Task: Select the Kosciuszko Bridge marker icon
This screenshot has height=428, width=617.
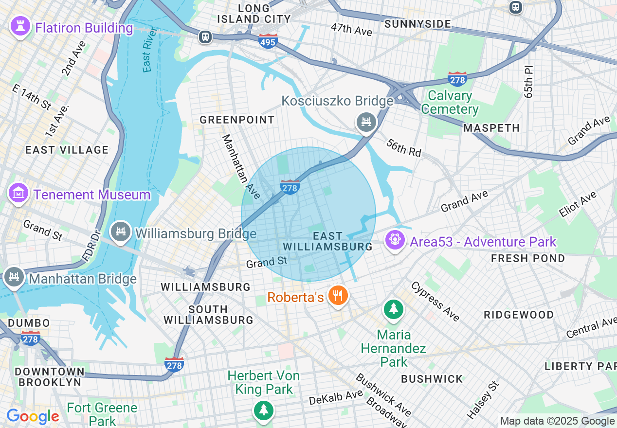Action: coord(366,122)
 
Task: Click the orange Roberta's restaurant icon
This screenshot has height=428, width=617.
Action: coord(337,296)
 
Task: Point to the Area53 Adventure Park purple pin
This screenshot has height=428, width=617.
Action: coord(394,240)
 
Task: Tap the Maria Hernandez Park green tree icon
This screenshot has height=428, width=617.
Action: coord(393,309)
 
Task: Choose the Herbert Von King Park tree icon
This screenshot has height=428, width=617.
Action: coord(263,410)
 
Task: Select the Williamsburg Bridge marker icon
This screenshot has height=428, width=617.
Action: coord(120,232)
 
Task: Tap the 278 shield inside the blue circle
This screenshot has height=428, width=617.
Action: coord(290,187)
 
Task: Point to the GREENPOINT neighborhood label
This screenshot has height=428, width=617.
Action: coord(237,120)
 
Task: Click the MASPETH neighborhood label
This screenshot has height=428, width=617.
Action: coord(491,128)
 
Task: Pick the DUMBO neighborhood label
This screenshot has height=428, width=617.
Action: coord(29,323)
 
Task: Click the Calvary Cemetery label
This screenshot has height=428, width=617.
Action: coord(450,102)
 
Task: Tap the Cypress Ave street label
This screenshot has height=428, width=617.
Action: coord(436,302)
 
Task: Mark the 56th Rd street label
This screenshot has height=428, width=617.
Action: coord(404,147)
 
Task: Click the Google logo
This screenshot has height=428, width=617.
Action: coord(33,416)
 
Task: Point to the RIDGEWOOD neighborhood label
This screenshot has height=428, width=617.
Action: coord(519,315)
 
